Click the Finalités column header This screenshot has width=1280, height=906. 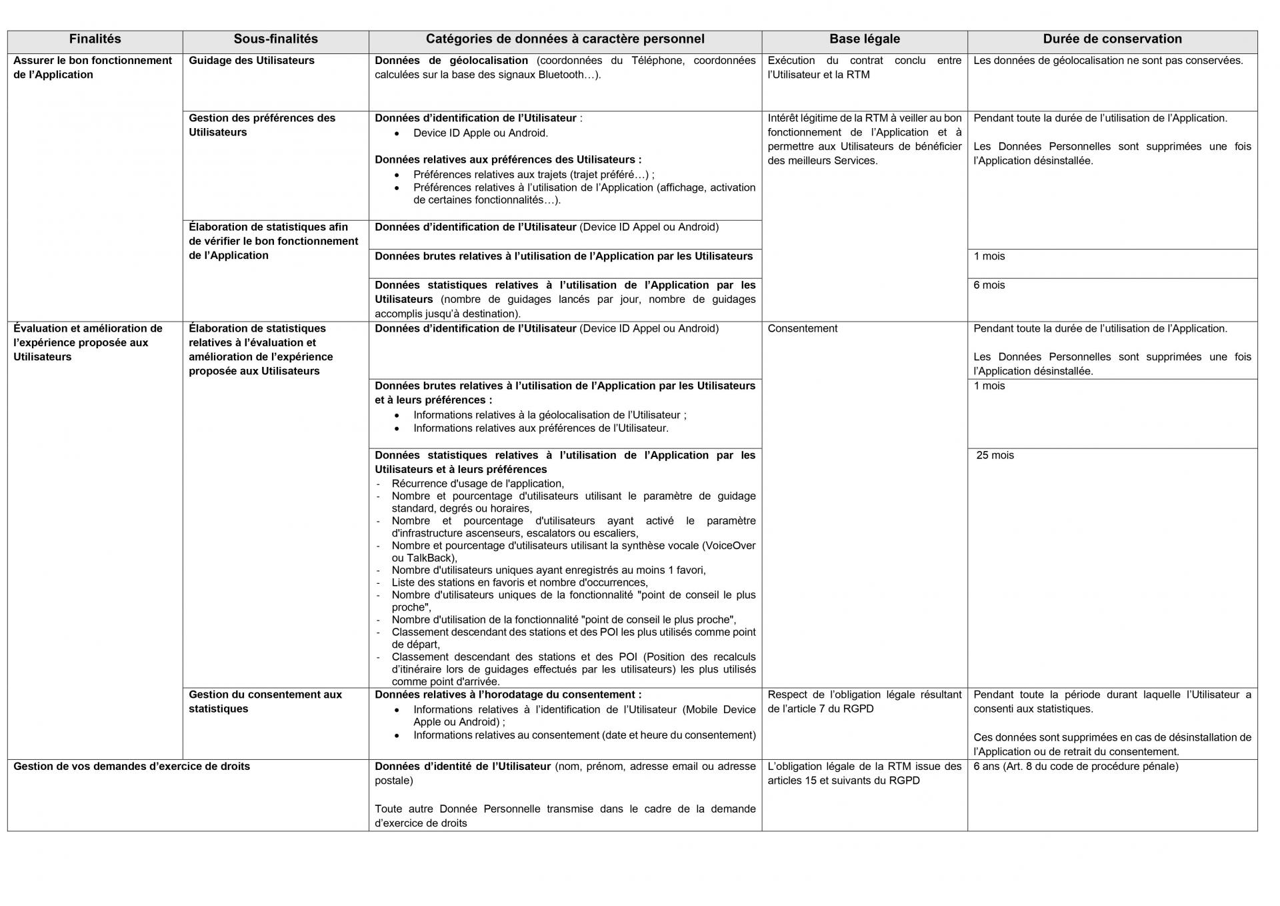pos(95,39)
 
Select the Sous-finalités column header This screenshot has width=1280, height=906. pos(275,39)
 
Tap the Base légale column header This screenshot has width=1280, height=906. pos(864,39)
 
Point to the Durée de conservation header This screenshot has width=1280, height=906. pos(1112,39)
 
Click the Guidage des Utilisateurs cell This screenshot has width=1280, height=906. pos(251,61)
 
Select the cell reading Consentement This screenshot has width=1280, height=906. pos(802,329)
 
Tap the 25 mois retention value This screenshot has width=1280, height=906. pos(995,456)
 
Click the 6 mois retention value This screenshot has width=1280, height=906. pos(989,286)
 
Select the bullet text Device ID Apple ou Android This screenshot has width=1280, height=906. pos(480,133)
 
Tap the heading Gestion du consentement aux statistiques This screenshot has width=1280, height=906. pos(265,701)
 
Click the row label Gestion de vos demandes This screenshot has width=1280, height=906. pos(131,767)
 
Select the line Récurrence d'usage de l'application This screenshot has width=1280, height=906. pos(477,484)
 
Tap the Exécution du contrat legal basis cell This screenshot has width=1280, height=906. pos(864,67)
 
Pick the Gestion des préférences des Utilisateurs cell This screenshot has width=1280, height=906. pos(261,125)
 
